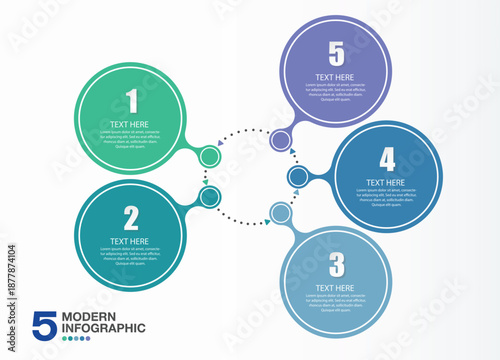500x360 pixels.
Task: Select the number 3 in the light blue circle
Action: pyautogui.click(x=337, y=264)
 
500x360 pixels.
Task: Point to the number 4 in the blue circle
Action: pyautogui.click(x=386, y=158)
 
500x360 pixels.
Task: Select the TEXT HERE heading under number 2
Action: pyautogui.click(x=131, y=241)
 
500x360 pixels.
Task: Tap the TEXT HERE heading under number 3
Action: pyautogui.click(x=336, y=288)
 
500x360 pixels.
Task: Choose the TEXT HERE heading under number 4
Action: pyautogui.click(x=386, y=183)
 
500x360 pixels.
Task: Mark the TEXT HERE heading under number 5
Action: pyautogui.click(x=335, y=75)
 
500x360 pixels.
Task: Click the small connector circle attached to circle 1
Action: pyautogui.click(x=209, y=156)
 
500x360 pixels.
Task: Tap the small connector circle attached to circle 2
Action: pyautogui.click(x=209, y=197)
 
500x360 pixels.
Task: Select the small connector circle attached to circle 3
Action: pyautogui.click(x=281, y=213)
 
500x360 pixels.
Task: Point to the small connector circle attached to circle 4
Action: pyautogui.click(x=298, y=177)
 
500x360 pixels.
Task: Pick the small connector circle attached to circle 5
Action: pyautogui.click(x=281, y=140)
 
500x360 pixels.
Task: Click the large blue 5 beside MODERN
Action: pyautogui.click(x=44, y=324)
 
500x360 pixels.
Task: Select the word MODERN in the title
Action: pyautogui.click(x=88, y=317)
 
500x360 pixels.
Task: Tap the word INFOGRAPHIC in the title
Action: pyautogui.click(x=103, y=328)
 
